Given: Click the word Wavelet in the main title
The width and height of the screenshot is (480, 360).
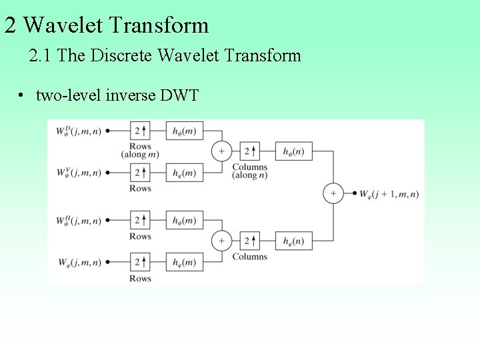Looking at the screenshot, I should coord(63,25).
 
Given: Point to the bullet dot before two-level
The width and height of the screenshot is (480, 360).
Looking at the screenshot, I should coord(22,95).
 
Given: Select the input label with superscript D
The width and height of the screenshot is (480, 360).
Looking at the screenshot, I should coord(79,131).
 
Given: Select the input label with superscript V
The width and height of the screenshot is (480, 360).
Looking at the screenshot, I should coord(79,173).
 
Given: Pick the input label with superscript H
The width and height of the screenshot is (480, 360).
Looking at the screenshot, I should coord(79,220).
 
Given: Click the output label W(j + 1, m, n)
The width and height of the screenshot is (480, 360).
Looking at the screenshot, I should coord(389,194).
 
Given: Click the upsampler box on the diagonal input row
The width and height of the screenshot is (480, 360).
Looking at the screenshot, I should coord(140,131).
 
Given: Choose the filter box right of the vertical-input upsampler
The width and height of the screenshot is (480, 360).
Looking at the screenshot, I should coord(185,173).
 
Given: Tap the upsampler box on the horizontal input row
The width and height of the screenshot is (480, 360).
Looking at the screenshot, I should coord(140,220).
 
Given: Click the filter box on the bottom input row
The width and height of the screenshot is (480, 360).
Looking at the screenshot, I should coord(185,262).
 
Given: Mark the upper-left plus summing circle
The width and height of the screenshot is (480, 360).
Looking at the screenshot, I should coord(221,151).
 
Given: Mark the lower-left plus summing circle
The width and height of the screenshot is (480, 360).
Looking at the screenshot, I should coord(221,241).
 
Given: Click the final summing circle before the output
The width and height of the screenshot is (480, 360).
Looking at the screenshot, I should coord(333,194).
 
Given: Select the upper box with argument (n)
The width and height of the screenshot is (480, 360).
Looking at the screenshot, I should coord(293,151).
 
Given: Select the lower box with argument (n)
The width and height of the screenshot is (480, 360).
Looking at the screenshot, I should coord(293,241).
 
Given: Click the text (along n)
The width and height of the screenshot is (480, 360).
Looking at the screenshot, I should coord(250,175).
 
